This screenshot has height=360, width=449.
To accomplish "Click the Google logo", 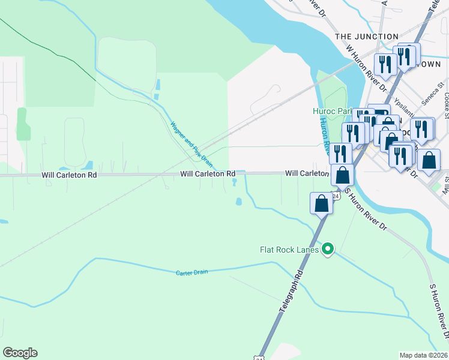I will point(20,353).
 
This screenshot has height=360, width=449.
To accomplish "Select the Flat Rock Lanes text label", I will point(289,249).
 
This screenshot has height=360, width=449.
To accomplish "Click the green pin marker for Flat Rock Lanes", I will point(327,248).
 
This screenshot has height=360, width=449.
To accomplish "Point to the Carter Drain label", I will point(191,272).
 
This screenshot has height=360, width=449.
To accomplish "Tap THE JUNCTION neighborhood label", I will point(367,37).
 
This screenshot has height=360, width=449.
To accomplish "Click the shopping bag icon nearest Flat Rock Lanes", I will point(322,203).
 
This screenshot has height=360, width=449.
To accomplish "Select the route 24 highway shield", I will point(337,196).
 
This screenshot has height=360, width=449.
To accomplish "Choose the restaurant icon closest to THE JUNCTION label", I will point(384,64).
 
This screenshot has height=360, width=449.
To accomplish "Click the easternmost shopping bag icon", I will point(429,160).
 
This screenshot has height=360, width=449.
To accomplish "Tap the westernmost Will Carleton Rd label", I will point(69,176).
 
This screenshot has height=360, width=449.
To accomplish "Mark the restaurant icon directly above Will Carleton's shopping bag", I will point(340,154).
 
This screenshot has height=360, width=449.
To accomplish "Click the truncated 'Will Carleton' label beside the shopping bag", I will point(307,173).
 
